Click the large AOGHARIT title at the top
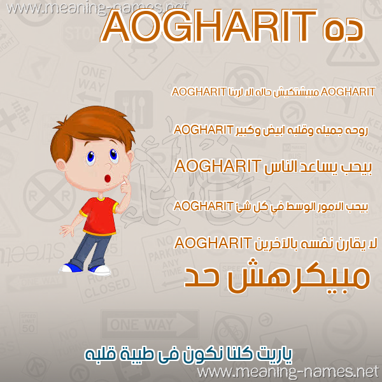point(209,27)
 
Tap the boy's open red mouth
point(108,178)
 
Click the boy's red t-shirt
point(99,216)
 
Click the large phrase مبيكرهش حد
point(277,278)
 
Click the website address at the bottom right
point(288,372)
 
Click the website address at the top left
point(97,8)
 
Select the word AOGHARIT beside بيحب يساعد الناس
point(218,166)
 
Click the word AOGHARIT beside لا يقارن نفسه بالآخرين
point(213,243)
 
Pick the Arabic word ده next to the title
point(344,29)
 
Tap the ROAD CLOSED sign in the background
point(106,283)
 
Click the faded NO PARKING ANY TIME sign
point(168,260)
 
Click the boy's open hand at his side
point(67,230)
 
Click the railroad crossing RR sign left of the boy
point(50,195)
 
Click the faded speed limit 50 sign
point(29,323)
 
